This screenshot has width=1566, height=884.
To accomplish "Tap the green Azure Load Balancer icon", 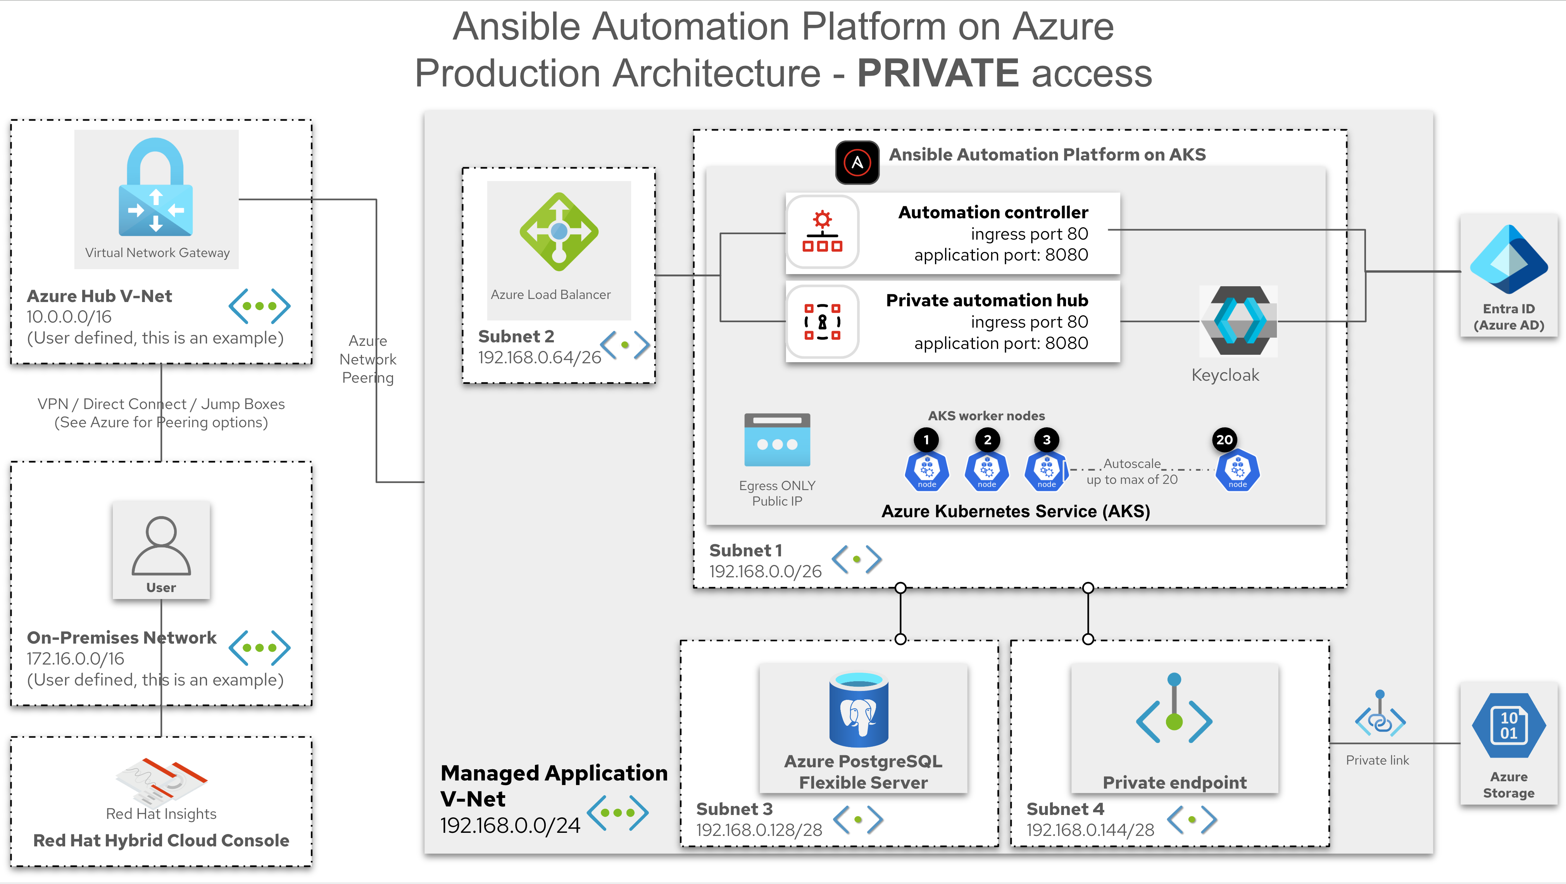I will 559,231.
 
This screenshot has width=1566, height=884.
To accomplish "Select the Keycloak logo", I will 1238,320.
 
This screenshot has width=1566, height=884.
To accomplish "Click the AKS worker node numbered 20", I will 1237,470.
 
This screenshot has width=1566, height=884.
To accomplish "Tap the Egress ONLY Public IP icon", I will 777,440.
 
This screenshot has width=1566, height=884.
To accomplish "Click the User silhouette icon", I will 161,546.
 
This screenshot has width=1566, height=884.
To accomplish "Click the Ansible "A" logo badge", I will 857,162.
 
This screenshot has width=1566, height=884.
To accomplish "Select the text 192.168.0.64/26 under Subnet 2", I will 539,357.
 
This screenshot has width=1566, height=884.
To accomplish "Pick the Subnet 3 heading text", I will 734,809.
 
